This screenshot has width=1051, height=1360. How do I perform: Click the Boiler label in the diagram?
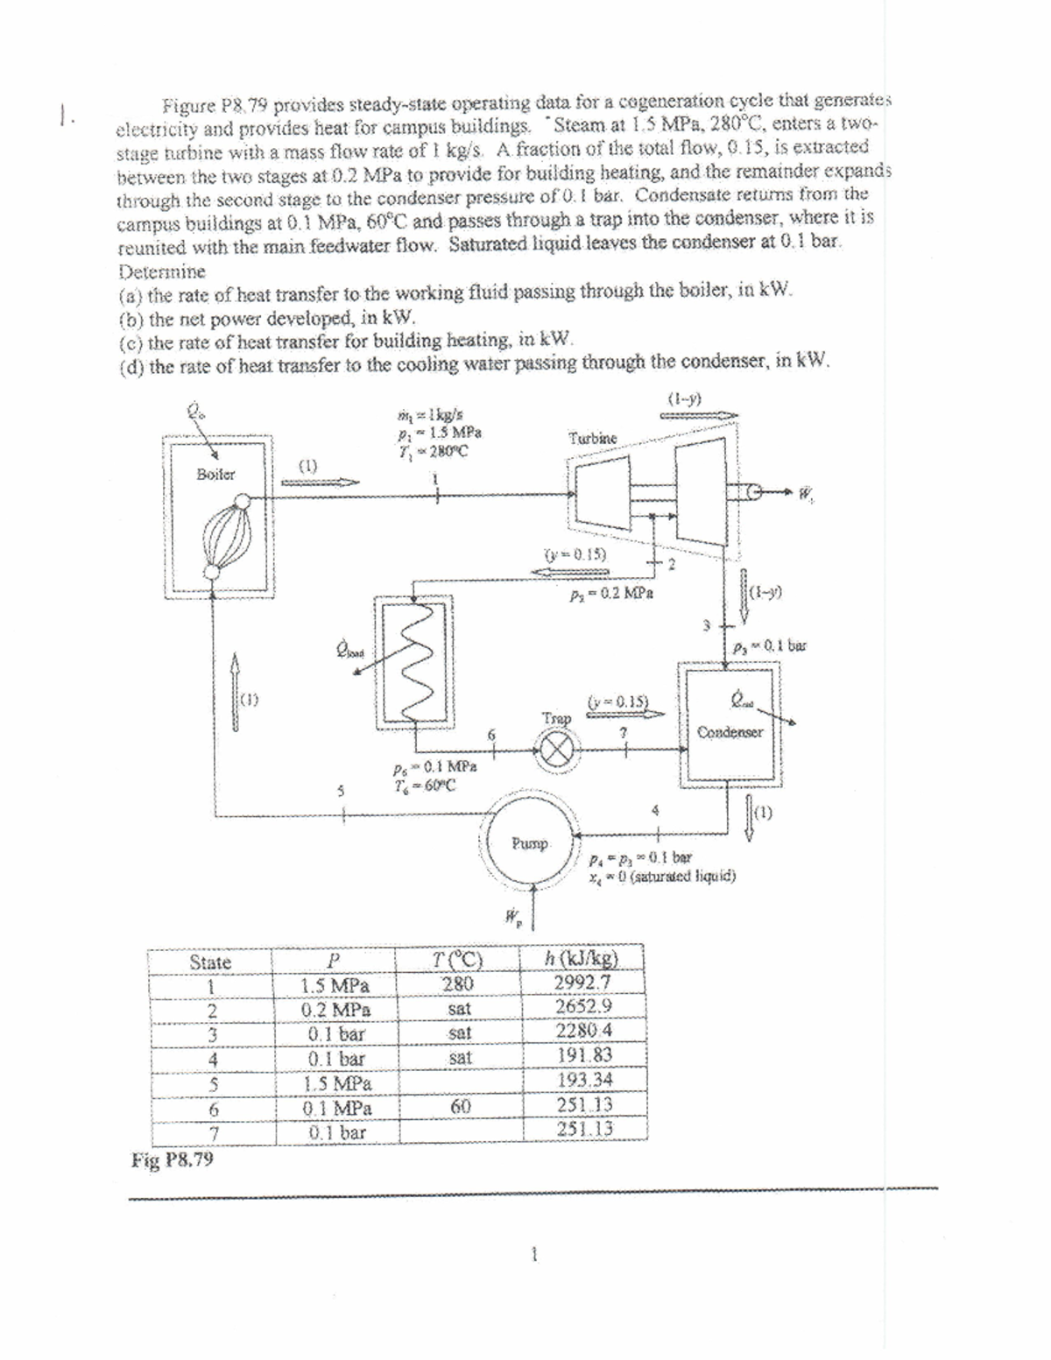(215, 474)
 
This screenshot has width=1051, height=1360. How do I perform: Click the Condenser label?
(730, 731)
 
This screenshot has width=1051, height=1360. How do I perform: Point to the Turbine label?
(592, 437)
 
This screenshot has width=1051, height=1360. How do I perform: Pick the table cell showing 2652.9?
(582, 1007)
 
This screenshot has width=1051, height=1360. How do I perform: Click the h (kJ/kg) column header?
(582, 958)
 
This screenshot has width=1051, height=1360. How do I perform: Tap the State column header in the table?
(210, 962)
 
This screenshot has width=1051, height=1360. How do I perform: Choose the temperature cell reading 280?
(457, 983)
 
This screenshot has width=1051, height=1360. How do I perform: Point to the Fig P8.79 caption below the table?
(173, 1161)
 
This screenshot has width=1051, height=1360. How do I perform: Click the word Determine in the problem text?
(162, 271)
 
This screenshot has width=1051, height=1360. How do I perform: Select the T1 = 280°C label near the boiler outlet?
(434, 452)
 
